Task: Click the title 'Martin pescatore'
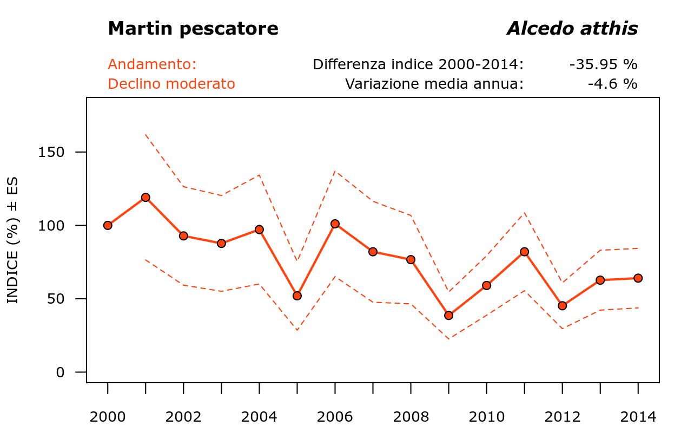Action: coord(193,29)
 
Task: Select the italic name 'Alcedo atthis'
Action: coord(572,29)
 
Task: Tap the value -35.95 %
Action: coord(603,64)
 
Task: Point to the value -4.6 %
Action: coord(612,84)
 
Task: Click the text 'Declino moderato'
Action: coord(171,84)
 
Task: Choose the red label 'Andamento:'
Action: coord(152,64)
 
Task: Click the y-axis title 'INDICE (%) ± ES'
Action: coord(13,240)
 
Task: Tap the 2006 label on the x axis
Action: coord(335,417)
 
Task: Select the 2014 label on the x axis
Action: coord(638,417)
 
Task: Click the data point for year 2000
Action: coord(108,225)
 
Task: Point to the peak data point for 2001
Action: coord(146,198)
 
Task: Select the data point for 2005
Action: coord(297,296)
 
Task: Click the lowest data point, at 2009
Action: coord(448,315)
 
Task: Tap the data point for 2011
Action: coord(524,252)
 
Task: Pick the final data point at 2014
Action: coord(638,278)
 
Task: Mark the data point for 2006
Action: coord(335,224)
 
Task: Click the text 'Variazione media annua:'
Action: coord(434,84)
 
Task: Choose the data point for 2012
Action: coord(562,305)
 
